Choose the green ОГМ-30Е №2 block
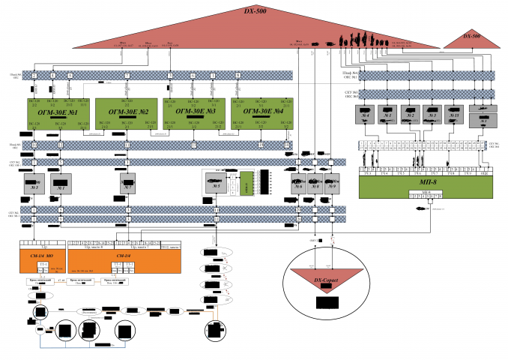point(126,112)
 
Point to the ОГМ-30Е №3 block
point(195,112)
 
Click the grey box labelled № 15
point(454,114)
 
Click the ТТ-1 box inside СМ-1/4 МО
point(44,266)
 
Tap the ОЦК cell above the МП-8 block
point(485,172)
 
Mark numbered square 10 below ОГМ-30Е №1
point(35,143)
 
